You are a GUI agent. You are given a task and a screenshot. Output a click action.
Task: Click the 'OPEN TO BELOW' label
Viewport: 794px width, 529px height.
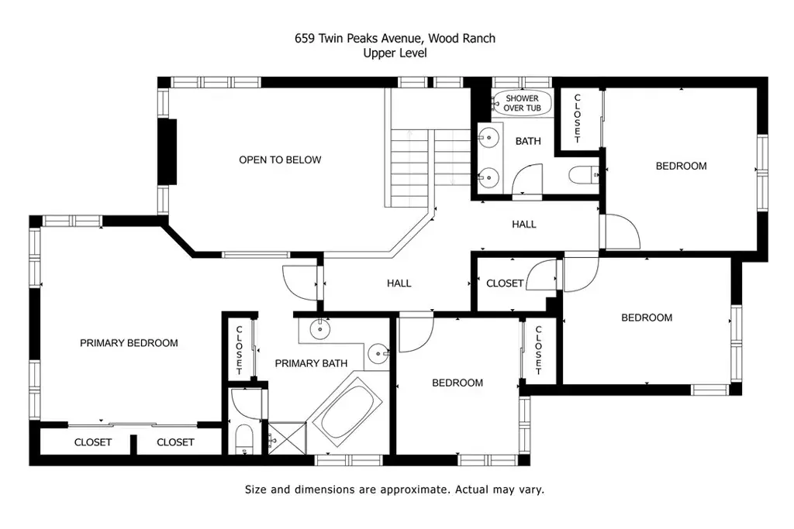(x=280, y=160)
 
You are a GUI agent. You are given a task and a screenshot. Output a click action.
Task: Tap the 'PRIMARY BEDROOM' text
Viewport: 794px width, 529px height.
(x=129, y=343)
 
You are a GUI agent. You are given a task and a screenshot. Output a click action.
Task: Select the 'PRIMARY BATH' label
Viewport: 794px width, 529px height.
(x=311, y=363)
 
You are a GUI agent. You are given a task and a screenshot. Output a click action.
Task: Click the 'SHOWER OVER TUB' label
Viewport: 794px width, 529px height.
(x=522, y=103)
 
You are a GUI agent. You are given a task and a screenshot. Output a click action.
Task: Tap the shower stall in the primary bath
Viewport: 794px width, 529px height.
(x=287, y=438)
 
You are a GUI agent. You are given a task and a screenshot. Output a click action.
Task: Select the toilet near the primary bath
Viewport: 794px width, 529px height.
(x=244, y=439)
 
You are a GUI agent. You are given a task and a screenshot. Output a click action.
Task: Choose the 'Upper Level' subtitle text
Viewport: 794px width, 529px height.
(x=395, y=53)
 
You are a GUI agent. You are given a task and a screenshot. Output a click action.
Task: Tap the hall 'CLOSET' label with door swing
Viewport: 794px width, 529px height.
(x=504, y=283)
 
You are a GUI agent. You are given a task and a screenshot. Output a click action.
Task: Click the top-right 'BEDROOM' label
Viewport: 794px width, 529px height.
(x=681, y=166)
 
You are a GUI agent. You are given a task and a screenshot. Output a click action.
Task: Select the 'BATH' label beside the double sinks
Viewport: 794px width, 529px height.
(x=528, y=141)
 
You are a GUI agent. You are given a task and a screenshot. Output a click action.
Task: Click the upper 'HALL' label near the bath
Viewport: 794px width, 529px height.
(x=523, y=224)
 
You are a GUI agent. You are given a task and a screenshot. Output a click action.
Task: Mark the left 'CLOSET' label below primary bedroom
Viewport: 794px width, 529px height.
(x=93, y=442)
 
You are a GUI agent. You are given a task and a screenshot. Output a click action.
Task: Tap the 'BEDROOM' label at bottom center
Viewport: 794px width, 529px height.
(x=457, y=383)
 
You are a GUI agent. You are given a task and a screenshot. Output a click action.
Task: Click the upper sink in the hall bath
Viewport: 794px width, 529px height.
(x=488, y=137)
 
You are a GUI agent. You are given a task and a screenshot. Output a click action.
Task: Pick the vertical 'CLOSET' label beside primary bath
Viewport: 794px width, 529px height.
(x=240, y=350)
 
